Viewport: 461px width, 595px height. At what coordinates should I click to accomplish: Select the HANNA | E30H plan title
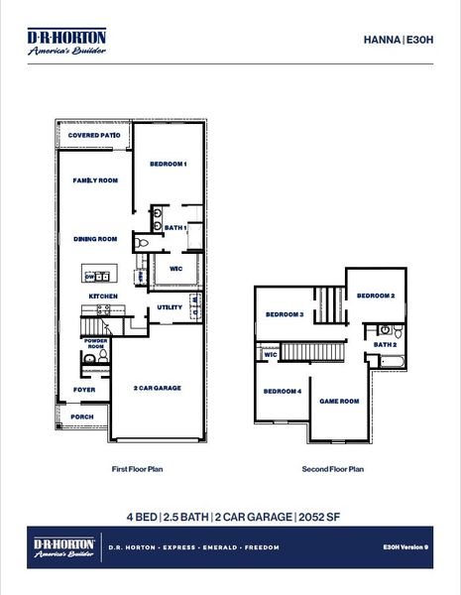(x=399, y=41)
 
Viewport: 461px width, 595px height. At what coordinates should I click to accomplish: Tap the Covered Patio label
(x=94, y=135)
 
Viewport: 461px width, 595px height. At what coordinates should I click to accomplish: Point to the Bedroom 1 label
(x=169, y=164)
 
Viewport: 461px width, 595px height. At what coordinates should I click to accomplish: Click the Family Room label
(x=95, y=180)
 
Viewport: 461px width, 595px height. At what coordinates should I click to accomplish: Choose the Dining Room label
(x=95, y=238)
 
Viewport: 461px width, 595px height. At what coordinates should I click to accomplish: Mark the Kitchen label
(x=104, y=296)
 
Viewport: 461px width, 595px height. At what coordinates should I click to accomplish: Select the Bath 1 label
(x=175, y=228)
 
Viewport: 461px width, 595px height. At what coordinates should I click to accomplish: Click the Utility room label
(x=170, y=307)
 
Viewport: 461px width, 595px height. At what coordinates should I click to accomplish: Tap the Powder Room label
(x=96, y=344)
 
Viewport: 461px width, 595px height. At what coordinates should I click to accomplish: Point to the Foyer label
(x=84, y=390)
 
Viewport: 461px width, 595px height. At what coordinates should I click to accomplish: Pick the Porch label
(x=83, y=416)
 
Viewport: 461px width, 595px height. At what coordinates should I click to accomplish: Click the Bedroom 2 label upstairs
(x=377, y=296)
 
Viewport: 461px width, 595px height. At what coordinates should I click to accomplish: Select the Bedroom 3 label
(x=285, y=315)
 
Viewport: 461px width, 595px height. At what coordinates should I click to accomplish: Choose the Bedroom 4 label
(x=283, y=391)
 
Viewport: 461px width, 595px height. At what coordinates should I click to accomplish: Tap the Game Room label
(x=339, y=401)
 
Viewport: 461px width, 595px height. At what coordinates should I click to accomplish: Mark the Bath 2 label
(x=385, y=344)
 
